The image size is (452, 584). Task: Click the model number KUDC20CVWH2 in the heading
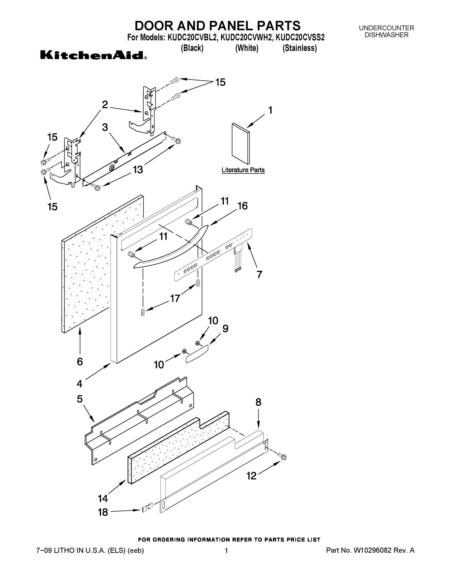point(246,37)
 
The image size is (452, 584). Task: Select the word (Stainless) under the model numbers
point(300,48)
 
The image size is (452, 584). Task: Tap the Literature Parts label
point(243,170)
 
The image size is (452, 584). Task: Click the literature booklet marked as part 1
point(240,144)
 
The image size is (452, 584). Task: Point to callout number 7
point(259,274)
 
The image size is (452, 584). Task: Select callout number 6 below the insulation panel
point(80,362)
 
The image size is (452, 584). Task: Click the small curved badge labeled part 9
point(197,354)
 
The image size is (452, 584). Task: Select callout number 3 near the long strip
point(105,128)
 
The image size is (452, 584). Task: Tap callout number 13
point(138,170)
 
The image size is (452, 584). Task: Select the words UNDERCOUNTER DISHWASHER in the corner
point(386,32)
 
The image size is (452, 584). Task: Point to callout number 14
point(103,498)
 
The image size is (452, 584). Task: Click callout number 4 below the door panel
point(79,384)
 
